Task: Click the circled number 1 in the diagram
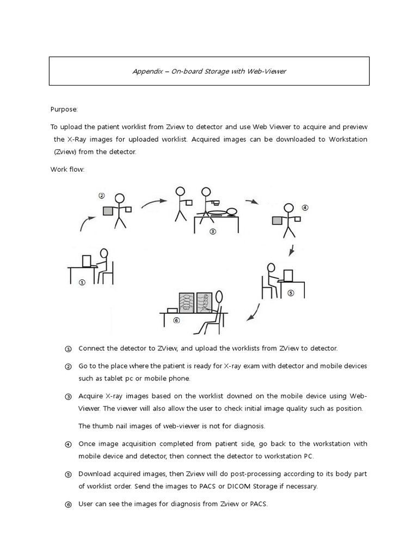tap(82, 282)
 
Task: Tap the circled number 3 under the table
tap(213, 231)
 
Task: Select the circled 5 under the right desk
tap(291, 293)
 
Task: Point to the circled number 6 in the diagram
tap(176, 320)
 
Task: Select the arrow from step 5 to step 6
tap(254, 312)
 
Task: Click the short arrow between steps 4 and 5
tap(292, 251)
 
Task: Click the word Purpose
tap(64, 109)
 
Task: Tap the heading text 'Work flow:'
tap(67, 169)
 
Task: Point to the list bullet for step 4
tap(68, 444)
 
